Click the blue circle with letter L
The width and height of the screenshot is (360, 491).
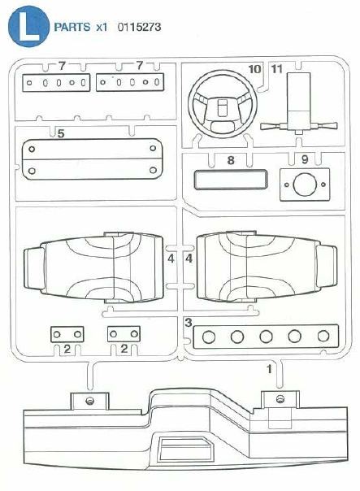(x=28, y=26)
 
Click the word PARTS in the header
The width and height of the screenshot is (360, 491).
(x=72, y=27)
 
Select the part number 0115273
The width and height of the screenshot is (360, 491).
(x=139, y=27)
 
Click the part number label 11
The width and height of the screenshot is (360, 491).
(x=277, y=69)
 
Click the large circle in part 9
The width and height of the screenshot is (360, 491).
(x=305, y=185)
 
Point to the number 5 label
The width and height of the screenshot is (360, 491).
(x=61, y=133)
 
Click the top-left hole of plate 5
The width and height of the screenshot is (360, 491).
(x=32, y=149)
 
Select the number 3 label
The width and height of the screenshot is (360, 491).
(x=189, y=322)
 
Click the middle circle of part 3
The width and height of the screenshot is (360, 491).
(x=266, y=337)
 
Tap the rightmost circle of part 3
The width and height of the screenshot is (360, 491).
(x=323, y=337)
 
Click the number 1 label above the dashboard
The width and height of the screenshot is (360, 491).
(x=269, y=369)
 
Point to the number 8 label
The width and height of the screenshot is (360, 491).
(x=231, y=160)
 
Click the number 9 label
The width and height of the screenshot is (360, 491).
(x=305, y=159)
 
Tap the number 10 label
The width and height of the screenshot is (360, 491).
(x=255, y=69)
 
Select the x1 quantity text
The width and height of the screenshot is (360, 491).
(x=102, y=28)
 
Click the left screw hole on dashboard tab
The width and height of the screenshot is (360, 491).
(x=90, y=401)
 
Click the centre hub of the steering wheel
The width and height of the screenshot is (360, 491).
(x=223, y=106)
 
